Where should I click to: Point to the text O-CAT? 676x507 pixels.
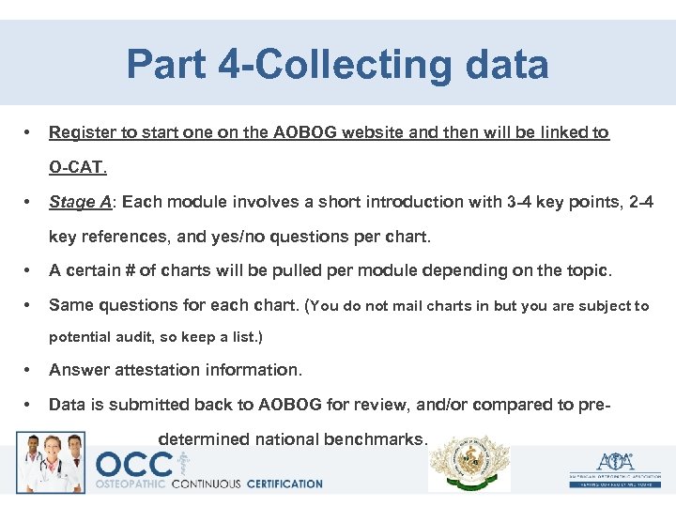79,169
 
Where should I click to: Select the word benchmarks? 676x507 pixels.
375,439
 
